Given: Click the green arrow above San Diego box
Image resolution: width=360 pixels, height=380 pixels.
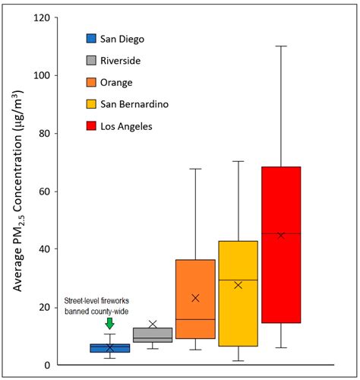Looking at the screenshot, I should tap(109, 324).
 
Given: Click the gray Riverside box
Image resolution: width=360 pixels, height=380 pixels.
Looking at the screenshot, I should tap(153, 335).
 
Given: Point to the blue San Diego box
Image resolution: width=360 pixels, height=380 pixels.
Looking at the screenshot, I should tap(110, 348).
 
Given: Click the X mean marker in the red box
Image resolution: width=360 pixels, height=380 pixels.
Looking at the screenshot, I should tap(281, 236).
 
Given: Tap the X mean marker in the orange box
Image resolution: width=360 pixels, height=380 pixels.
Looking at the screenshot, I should tap(195, 298).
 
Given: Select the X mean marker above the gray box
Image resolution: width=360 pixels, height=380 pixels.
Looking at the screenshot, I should tap(153, 325).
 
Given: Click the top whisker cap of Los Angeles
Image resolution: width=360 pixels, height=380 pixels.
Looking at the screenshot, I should tap(281, 46).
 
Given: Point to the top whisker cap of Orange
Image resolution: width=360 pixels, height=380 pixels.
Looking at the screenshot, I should tap(195, 169).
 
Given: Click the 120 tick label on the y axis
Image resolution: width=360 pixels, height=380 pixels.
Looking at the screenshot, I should tap(41, 17).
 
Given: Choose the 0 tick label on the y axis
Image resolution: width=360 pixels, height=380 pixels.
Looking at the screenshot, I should tap(47, 366).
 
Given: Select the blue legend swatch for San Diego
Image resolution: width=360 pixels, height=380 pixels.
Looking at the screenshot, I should tap(90, 38).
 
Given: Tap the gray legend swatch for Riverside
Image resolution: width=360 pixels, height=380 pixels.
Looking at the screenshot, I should tap(90, 60).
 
